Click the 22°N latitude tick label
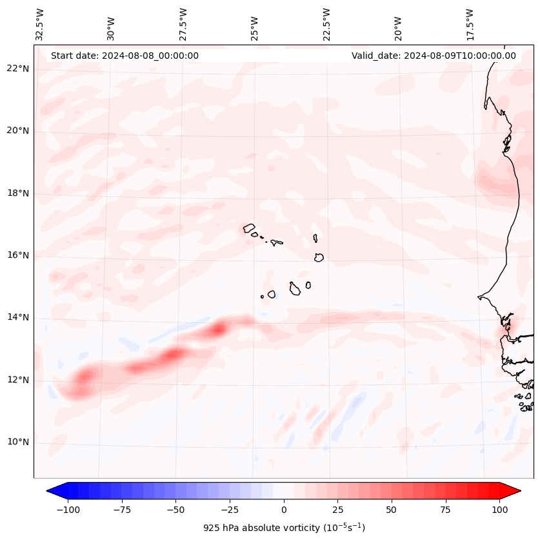coord(19,68)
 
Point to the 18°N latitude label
coord(19,193)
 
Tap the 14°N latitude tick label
coord(19,317)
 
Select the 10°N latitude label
coord(19,443)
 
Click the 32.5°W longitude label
coord(39,24)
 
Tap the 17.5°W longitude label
coord(469,24)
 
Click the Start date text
coord(125,56)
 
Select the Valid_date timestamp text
coord(434,56)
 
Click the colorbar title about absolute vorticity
coord(284,528)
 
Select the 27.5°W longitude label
coord(183,24)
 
